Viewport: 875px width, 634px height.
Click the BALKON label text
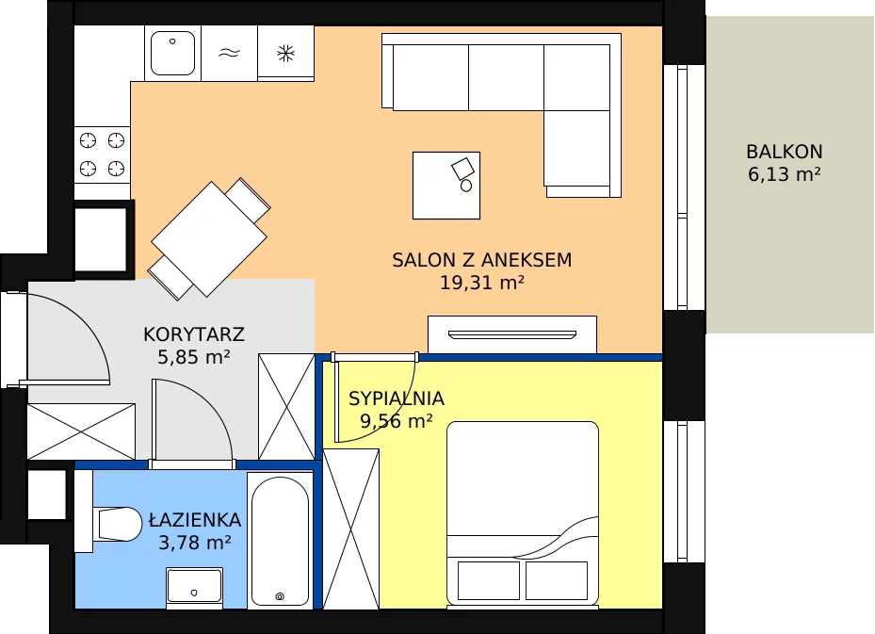coord(784,152)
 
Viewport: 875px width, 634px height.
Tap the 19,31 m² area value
coord(482,283)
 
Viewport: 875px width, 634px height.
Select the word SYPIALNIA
coord(397,398)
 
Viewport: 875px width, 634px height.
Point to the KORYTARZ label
coord(194,334)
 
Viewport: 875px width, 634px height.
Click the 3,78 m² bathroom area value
coord(195,543)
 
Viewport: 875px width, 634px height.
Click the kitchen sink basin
coord(173,53)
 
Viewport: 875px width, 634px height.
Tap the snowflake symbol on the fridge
coord(285,54)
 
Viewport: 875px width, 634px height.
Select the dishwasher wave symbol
coord(229,53)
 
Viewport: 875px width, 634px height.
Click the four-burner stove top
coord(102,154)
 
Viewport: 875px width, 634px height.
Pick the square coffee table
coord(446,186)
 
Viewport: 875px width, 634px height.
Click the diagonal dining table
coord(209,239)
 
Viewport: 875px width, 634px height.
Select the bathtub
coord(280,540)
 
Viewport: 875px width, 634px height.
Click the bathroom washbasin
coord(194,585)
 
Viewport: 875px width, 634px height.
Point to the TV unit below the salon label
coord(512,334)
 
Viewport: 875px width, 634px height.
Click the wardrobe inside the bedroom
coord(351,529)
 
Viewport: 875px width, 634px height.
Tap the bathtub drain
coord(280,596)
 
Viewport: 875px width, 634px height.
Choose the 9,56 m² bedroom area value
coord(397,421)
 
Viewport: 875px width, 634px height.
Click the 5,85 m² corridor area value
coord(194,357)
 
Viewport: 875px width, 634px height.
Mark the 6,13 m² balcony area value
coord(784,174)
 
